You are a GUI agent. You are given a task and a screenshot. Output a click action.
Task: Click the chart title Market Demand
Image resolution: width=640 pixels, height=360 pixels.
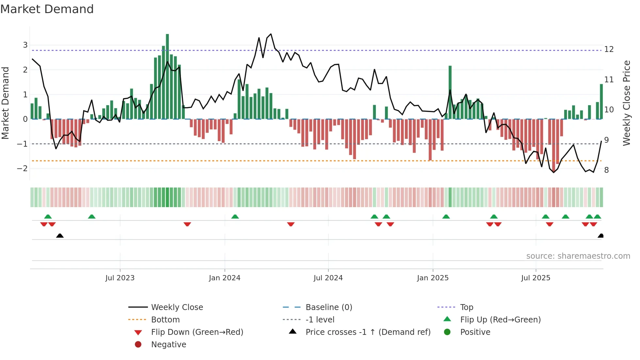pos(47,9)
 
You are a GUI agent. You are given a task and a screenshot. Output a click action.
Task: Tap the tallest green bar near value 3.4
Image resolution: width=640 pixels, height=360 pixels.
pos(167,77)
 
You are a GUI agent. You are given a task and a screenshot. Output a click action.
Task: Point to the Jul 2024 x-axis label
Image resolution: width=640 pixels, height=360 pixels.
pos(328,278)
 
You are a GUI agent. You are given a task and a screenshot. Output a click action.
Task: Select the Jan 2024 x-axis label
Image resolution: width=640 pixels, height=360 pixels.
pos(224,278)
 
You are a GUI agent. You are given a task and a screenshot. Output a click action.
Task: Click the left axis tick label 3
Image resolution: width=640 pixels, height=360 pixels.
pos(25,45)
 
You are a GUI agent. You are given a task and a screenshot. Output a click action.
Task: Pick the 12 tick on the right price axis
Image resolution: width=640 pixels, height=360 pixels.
pos(609,49)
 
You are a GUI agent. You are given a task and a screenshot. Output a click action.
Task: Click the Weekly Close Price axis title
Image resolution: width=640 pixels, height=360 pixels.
pos(626,103)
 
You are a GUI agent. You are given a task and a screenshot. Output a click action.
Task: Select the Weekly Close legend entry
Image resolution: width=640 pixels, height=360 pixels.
pos(177,307)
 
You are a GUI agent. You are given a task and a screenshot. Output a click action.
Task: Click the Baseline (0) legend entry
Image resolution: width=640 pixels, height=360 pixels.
pos(328,307)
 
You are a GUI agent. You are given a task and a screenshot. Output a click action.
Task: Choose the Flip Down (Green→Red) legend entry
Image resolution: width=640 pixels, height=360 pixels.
pos(197,332)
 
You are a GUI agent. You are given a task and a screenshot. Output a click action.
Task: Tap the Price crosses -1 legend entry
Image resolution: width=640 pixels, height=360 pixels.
pos(368,332)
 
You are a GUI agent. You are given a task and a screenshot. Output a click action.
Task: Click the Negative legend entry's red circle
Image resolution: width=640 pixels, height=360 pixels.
pos(138,345)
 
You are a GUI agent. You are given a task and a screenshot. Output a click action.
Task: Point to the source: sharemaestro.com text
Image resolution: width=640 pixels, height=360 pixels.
pos(578,256)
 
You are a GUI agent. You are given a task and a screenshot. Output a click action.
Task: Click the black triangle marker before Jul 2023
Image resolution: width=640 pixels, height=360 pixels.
pos(60,236)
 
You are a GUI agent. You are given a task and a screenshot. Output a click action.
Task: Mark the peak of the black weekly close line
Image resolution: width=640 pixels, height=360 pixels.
pos(271,34)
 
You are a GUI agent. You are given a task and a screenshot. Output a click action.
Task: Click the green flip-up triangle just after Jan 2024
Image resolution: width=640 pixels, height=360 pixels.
pos(235,217)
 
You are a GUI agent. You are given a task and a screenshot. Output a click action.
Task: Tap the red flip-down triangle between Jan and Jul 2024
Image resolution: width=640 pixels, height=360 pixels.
pos(291,224)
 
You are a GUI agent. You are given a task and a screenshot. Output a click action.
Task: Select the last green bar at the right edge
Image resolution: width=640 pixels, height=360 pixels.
pos(601,102)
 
